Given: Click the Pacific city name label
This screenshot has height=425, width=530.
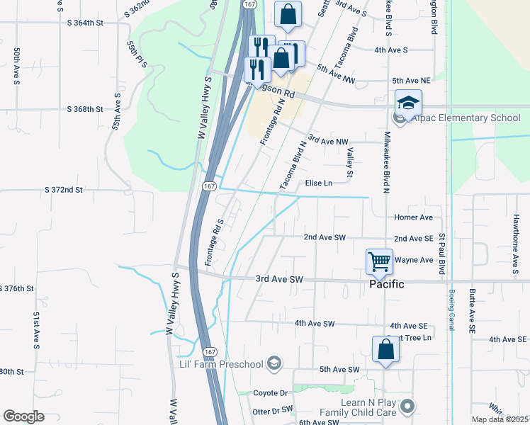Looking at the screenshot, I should [x=386, y=284].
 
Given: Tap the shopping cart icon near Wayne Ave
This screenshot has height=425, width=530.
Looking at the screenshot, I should [x=379, y=261].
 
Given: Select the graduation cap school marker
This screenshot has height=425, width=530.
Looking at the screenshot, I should [x=408, y=103].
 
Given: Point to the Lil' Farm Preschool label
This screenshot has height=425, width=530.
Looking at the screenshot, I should [x=220, y=364].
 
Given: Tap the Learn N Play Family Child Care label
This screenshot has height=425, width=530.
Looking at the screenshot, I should [x=361, y=407].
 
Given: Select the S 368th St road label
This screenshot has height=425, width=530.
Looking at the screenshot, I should [x=84, y=109].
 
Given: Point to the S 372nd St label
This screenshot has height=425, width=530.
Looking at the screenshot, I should [x=64, y=190].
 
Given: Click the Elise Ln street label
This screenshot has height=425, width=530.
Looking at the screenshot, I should [x=318, y=183].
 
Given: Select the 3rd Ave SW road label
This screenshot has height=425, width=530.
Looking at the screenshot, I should [x=279, y=280].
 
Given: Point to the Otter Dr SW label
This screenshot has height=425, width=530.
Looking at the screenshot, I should [x=272, y=410].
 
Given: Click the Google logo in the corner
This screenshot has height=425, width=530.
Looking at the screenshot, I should [x=23, y=416].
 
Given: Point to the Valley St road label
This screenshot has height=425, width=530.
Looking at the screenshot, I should [x=349, y=158].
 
